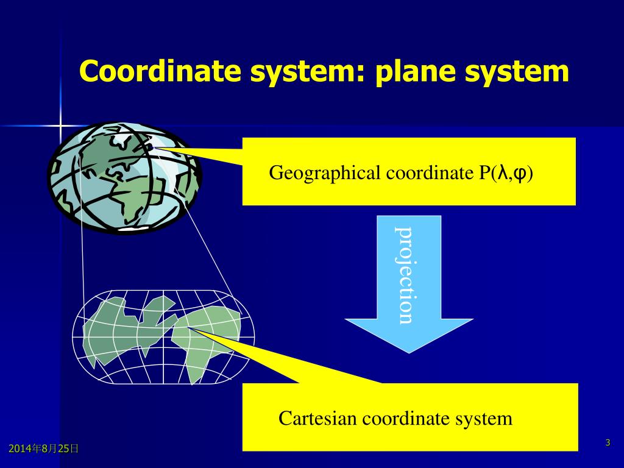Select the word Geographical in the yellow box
coord(325,173)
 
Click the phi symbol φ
coord(520,174)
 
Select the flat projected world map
coord(163,337)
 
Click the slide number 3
coord(608,442)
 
